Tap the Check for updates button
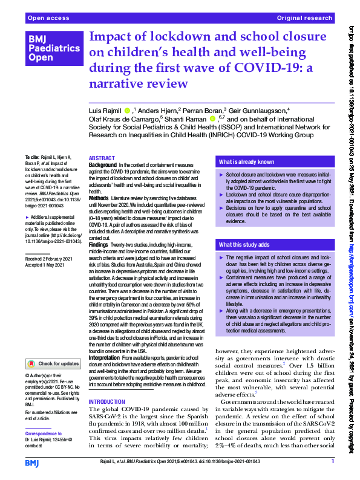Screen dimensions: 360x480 53,363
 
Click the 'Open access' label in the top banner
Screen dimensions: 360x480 47,19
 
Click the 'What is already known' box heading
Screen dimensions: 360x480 246,162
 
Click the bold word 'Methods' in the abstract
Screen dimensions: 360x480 99,198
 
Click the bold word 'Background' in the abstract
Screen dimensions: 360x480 103,164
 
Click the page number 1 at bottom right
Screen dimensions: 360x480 332,462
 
